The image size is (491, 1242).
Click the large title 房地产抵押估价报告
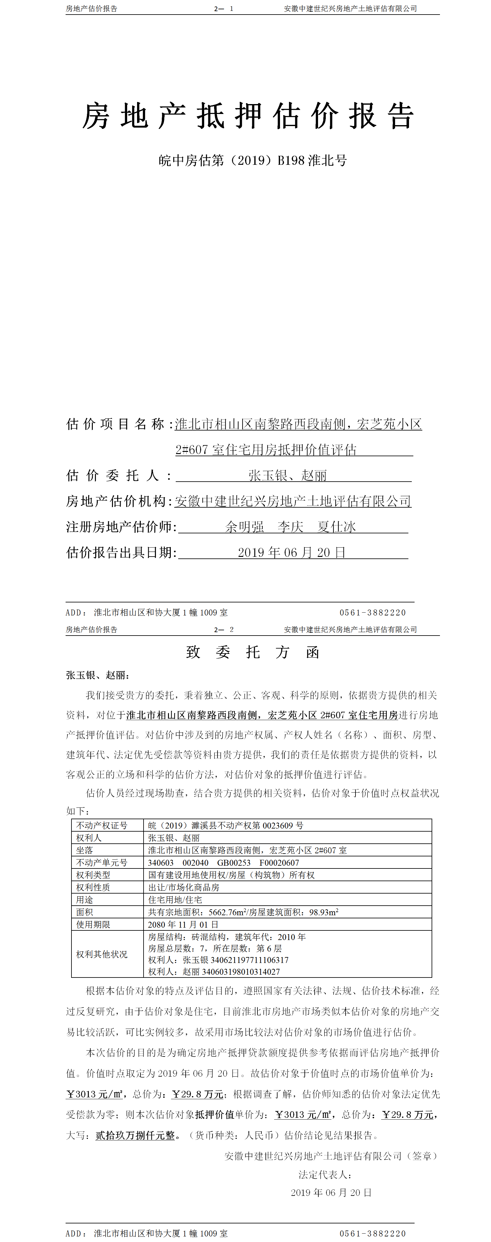[248, 116]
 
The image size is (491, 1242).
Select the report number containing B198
[252, 160]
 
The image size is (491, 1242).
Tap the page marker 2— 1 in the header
[224, 9]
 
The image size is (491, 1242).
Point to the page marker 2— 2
[224, 630]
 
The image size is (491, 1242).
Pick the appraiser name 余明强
[244, 527]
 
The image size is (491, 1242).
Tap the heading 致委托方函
[252, 652]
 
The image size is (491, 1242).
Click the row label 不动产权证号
[102, 825]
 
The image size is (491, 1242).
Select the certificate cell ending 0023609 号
[226, 825]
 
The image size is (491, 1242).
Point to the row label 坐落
[85, 850]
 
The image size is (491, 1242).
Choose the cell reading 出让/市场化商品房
[183, 887]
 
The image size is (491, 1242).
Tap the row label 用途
[85, 900]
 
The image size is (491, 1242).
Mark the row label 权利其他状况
[102, 954]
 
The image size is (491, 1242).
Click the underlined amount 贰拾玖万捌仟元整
[135, 1135]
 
